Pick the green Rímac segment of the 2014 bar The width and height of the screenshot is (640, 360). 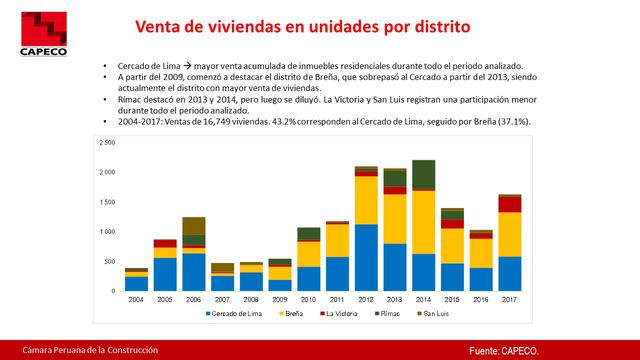(x=423, y=174)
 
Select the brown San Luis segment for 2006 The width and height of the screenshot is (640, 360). (x=194, y=225)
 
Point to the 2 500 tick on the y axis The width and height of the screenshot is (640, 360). (x=108, y=142)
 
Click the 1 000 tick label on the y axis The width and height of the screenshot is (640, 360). (x=108, y=232)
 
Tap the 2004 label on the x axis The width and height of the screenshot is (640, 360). (x=136, y=299)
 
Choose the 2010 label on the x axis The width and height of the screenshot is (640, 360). (x=308, y=299)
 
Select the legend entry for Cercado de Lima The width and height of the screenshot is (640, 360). (x=237, y=313)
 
